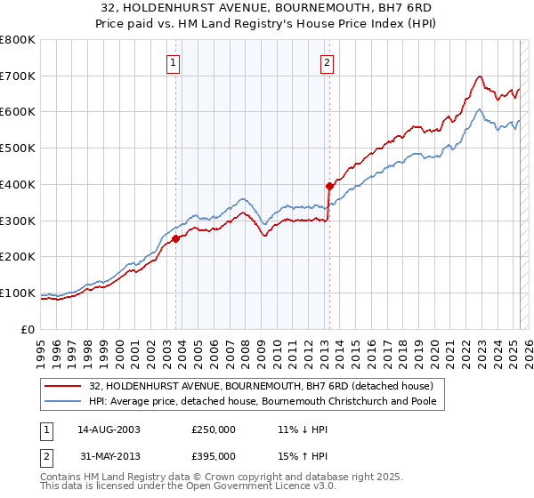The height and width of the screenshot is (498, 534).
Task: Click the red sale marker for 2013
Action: (x=329, y=186)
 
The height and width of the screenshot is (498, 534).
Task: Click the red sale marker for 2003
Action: (x=176, y=238)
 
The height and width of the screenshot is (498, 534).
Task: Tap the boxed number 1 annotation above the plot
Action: (x=173, y=62)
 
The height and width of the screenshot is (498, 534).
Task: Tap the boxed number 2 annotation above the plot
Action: (x=328, y=62)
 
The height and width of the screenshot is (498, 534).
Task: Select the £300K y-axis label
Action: (x=18, y=221)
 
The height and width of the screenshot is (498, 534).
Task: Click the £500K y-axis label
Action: (x=18, y=149)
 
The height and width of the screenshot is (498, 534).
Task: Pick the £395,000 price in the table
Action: (x=214, y=456)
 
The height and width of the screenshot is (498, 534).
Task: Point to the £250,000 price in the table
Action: (x=214, y=430)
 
